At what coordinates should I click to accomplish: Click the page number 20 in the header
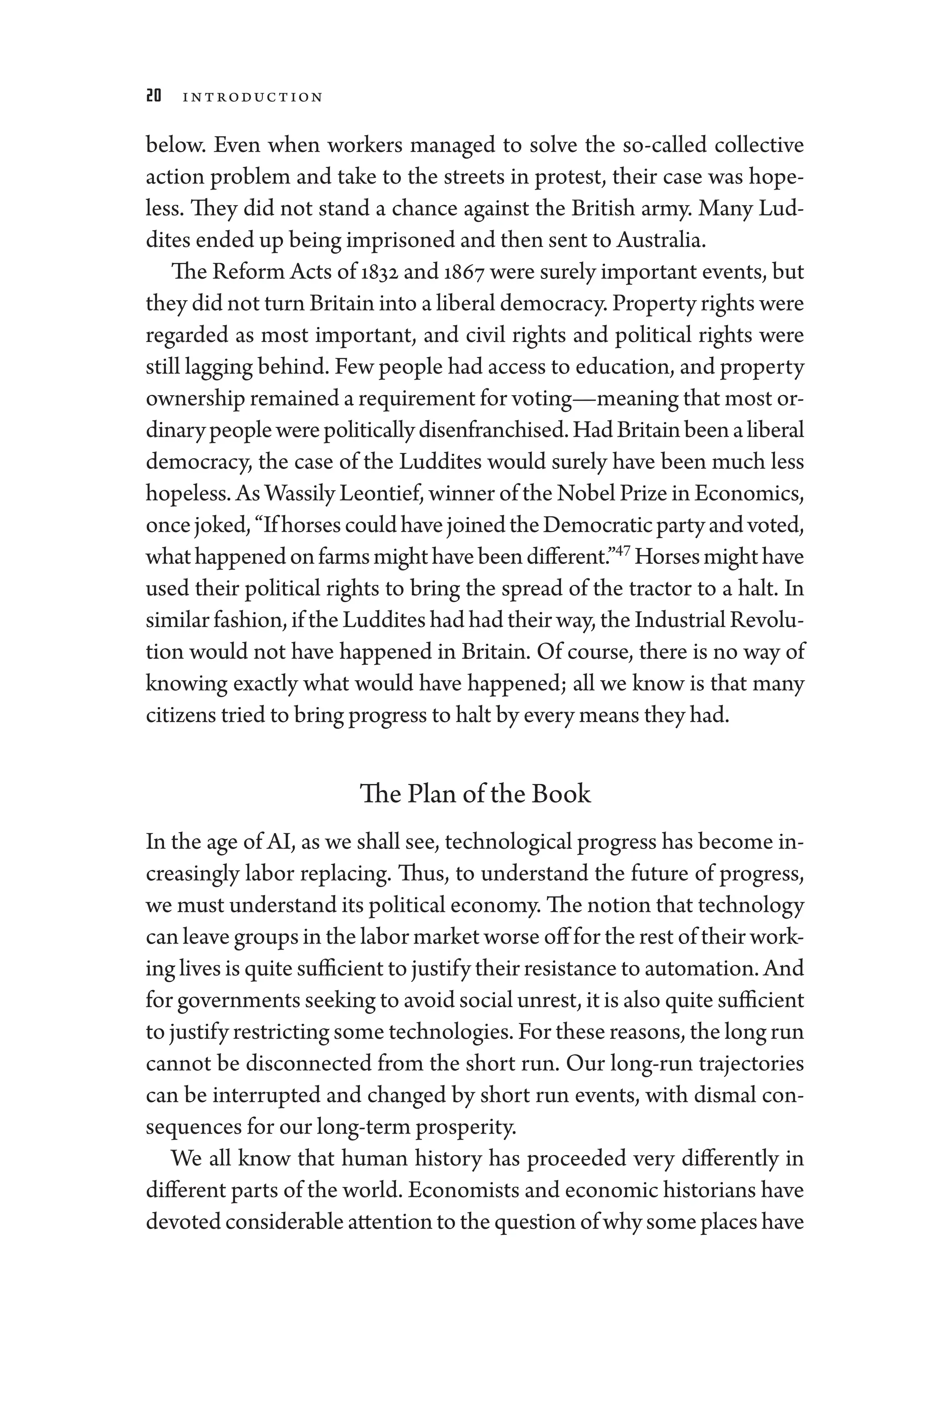[153, 96]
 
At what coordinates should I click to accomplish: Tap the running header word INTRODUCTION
[252, 97]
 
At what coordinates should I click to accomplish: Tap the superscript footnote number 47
[622, 550]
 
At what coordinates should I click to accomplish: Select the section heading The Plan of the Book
[475, 794]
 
